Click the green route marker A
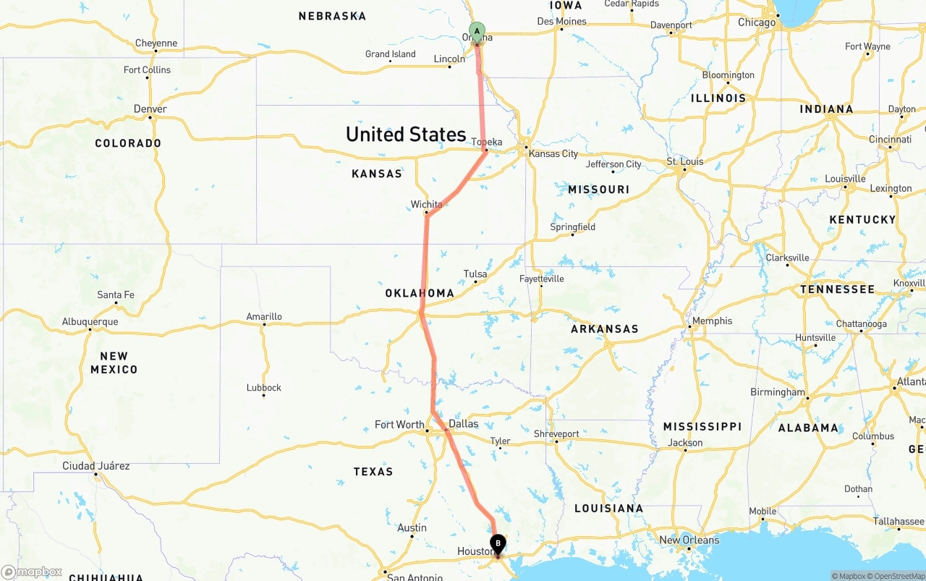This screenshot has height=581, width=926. coord(477,30)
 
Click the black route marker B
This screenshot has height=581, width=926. coord(498,544)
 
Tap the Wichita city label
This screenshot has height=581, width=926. coord(426,205)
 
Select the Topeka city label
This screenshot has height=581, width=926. coord(486,142)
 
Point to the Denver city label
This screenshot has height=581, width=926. coord(150,109)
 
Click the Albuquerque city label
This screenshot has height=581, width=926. coord(90,321)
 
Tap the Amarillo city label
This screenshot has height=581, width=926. coord(264,316)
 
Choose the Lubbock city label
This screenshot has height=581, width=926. coord(263,388)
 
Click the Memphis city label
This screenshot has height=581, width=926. coord(712,321)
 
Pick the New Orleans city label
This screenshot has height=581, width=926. coord(689,540)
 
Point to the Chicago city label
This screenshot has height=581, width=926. coord(757,22)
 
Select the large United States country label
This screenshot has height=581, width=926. coord(405,135)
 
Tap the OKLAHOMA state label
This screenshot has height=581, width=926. coord(420,293)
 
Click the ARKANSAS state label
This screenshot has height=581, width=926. coord(605,328)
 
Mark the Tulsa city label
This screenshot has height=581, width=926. coord(475,274)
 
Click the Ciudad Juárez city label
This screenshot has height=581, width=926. coord(96,466)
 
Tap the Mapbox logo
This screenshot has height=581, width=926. coord(32,572)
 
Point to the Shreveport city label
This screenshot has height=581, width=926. coord(556,434)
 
